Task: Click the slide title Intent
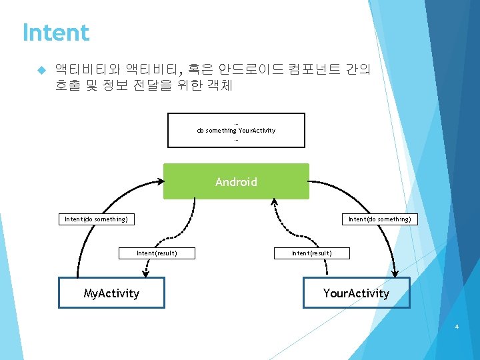(56, 32)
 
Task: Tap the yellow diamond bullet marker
(40, 69)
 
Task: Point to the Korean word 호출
(69, 85)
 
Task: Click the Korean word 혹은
(198, 69)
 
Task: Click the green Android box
(236, 181)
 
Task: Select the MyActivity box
(111, 293)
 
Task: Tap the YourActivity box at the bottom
(356, 293)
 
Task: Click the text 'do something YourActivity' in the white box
(236, 130)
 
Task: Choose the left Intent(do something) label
(96, 219)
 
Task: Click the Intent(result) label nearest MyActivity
(157, 253)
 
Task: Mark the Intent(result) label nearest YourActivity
(311, 253)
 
